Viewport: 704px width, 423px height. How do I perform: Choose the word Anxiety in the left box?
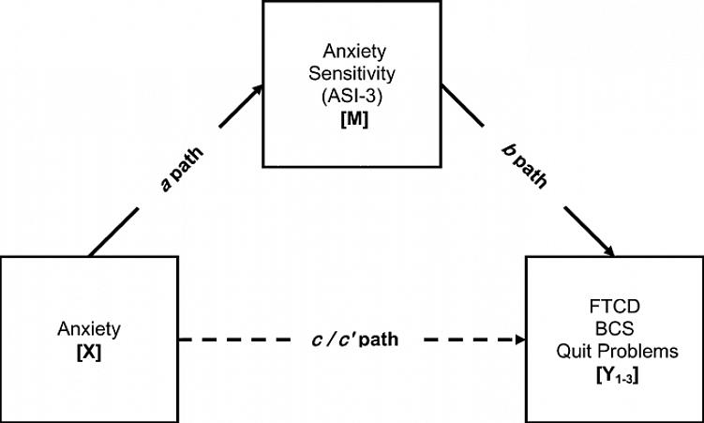point(87,328)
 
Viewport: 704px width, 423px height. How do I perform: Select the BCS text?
point(614,330)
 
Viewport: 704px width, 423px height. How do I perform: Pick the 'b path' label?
point(517,166)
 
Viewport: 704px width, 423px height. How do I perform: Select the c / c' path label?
point(354,339)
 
